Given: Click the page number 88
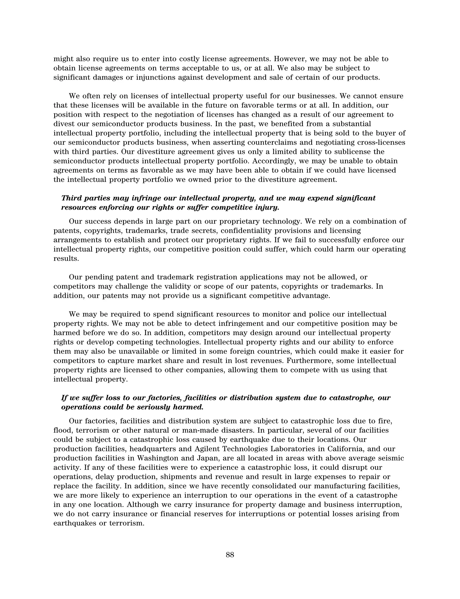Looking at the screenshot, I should [x=230, y=555].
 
